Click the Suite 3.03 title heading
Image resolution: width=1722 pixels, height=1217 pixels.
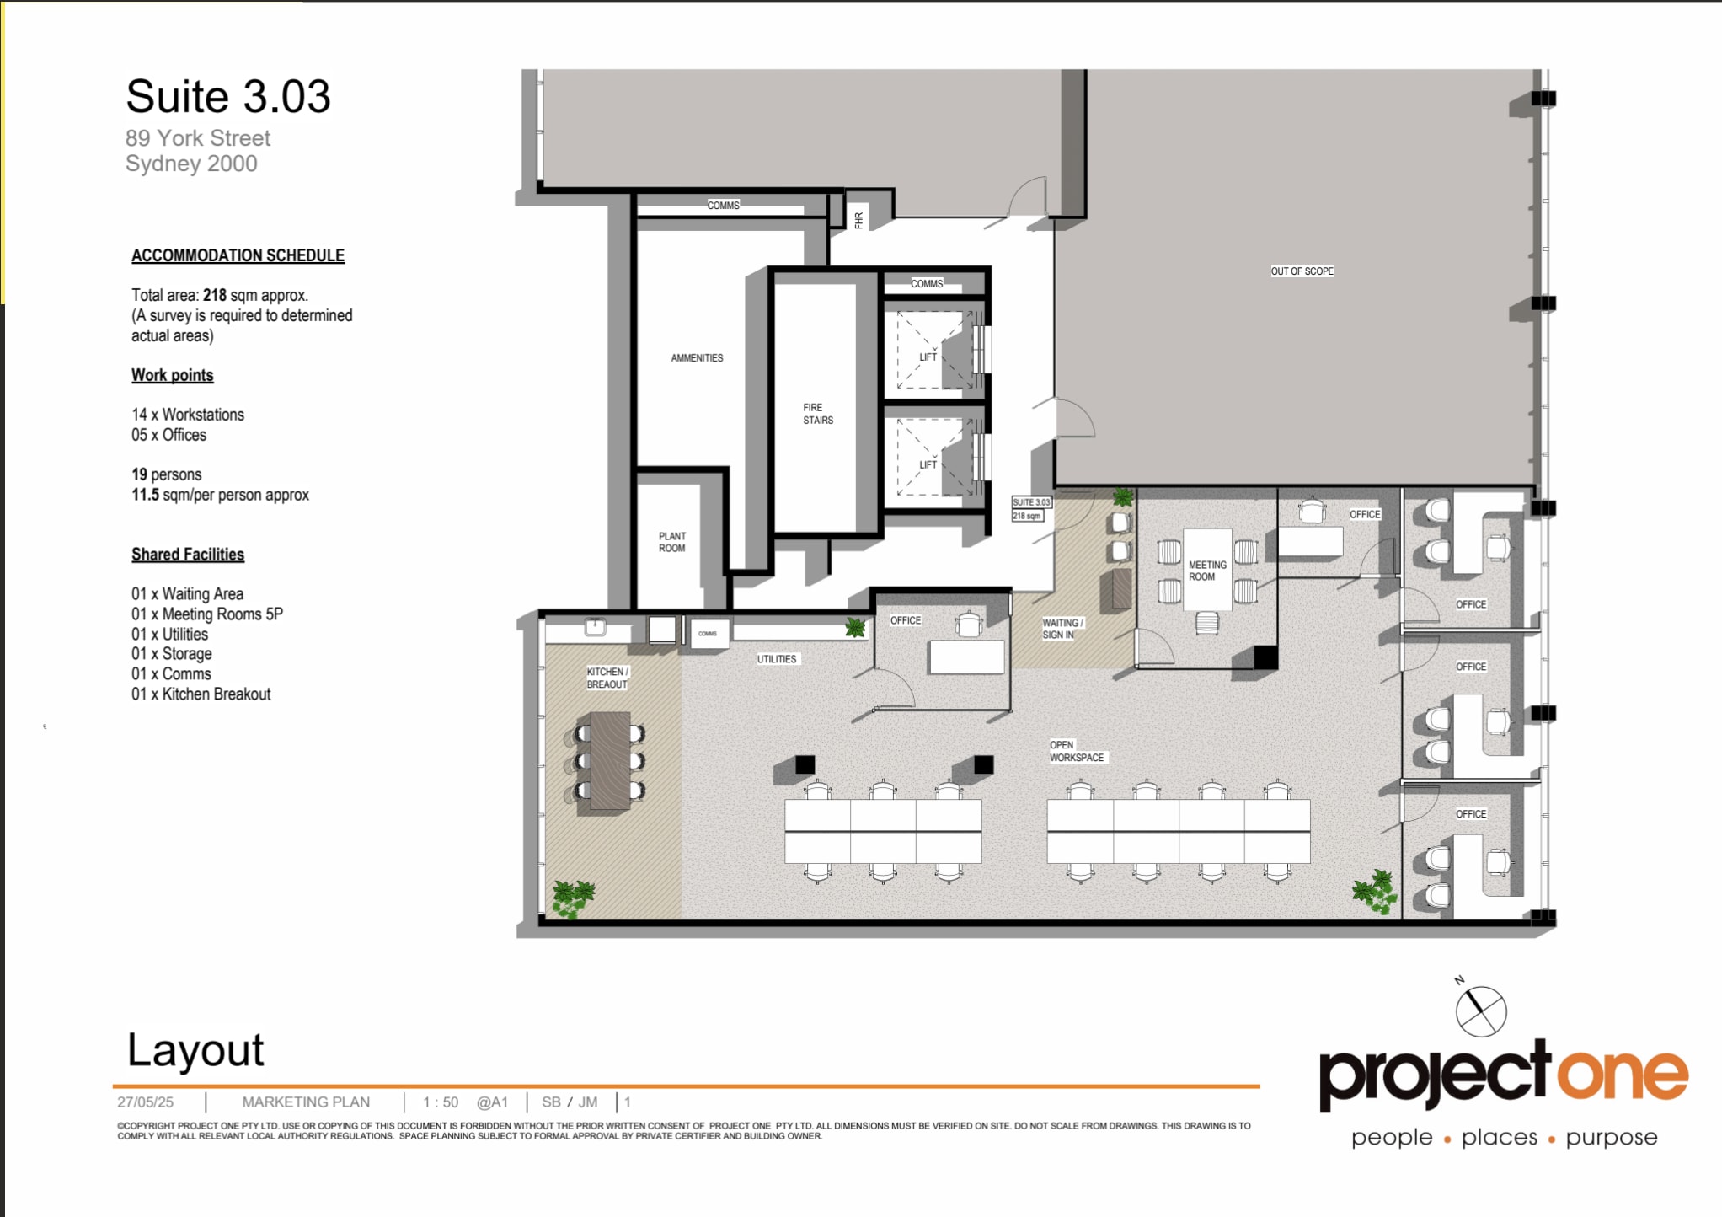[x=227, y=96]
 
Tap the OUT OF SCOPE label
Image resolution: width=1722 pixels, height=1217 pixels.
[x=1302, y=271]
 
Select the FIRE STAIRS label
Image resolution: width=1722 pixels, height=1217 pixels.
[x=817, y=414]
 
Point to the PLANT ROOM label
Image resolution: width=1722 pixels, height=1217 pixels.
[x=671, y=542]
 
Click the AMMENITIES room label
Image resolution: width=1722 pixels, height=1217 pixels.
[x=697, y=358]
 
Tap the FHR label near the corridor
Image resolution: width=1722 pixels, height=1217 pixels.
[x=858, y=221]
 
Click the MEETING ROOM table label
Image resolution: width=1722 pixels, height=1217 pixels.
[x=1206, y=571]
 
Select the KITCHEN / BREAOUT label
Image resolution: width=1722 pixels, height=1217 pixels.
[x=607, y=678]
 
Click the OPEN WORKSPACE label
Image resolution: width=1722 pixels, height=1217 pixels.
[x=1076, y=751]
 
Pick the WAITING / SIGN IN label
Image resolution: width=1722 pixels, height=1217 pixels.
[x=1062, y=629]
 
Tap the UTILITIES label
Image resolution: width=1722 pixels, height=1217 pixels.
[x=776, y=659]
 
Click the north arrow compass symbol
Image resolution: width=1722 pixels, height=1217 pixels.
[x=1481, y=1011]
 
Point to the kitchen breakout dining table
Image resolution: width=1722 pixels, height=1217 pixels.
[x=610, y=761]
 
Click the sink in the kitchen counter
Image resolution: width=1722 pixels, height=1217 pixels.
[x=596, y=627]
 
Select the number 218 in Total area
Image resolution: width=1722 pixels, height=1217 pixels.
[x=215, y=295]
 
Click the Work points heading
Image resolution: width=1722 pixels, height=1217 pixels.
[x=173, y=375]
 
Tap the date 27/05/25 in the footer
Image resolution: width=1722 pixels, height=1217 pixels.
[x=145, y=1102]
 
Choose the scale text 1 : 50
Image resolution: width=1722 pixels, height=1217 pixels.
[x=441, y=1102]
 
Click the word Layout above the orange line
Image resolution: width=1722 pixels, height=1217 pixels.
[x=195, y=1050]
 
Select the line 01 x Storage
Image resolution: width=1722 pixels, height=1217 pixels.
[x=172, y=654]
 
